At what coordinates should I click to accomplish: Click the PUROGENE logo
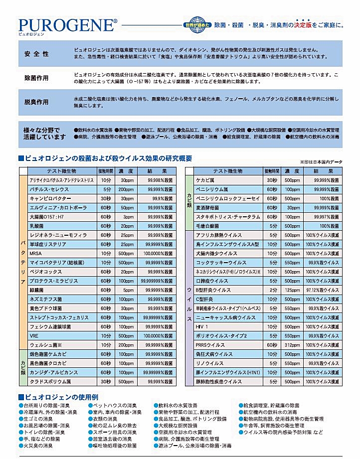(x=68, y=24)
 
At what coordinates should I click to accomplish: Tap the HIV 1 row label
(x=201, y=326)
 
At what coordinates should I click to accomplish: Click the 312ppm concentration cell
(x=292, y=345)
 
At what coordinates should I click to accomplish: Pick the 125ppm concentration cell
(x=292, y=290)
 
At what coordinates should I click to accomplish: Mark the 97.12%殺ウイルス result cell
(x=322, y=290)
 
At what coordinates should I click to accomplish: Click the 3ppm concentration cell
(x=128, y=217)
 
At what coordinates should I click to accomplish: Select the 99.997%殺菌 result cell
(x=322, y=217)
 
